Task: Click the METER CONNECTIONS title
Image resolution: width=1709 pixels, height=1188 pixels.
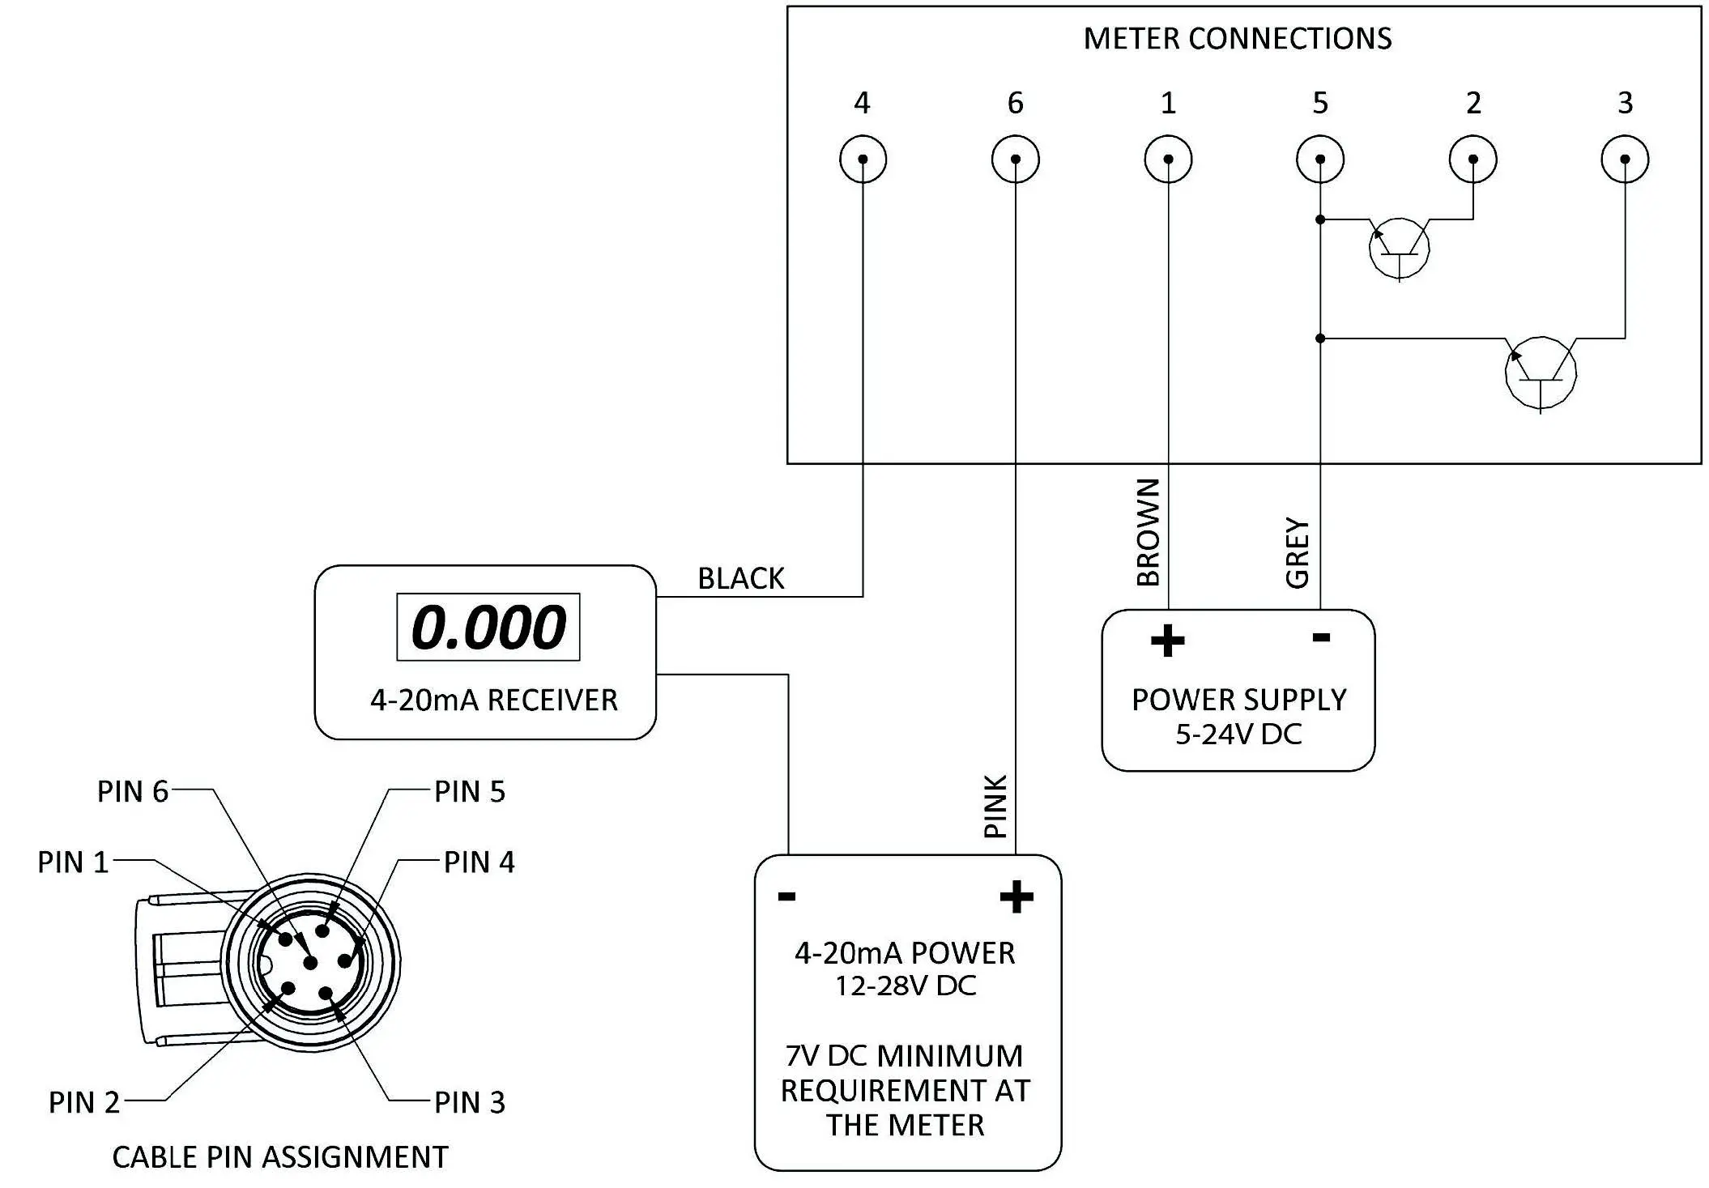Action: pos(1237,39)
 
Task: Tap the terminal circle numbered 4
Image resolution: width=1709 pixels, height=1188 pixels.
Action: pos(863,160)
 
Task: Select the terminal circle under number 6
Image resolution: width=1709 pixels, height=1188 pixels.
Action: pos(1015,160)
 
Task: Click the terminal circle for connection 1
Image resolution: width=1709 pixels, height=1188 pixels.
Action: pos(1168,160)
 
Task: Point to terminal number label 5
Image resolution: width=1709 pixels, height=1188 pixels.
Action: pos(1320,103)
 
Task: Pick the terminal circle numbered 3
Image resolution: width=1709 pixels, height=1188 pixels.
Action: pos(1625,160)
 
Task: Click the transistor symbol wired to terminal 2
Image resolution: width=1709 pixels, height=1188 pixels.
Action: pos(1399,248)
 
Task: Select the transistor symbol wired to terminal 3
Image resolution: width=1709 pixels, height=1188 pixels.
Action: pos(1540,373)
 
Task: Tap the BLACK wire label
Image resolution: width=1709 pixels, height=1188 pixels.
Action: pos(741,578)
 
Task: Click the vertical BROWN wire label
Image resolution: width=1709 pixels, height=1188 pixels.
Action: pos(1149,532)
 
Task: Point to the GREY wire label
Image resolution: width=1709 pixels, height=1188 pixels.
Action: pos(1298,552)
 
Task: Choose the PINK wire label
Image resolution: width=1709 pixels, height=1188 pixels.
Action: pos(995,806)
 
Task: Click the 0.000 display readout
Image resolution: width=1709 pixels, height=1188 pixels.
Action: pos(488,627)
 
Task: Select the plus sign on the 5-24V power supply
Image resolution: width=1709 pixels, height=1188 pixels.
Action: pos(1167,641)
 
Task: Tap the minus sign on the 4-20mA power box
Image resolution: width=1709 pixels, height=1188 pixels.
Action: pos(786,896)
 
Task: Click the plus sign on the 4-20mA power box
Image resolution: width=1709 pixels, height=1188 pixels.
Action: pos(1016,896)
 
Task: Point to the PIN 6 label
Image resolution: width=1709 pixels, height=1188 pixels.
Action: pos(133,791)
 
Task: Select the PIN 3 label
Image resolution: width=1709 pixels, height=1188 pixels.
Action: pos(470,1102)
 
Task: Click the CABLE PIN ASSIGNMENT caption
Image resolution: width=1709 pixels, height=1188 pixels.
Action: pos(280,1157)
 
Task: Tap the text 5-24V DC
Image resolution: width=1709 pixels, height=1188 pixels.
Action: pos(1238,735)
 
